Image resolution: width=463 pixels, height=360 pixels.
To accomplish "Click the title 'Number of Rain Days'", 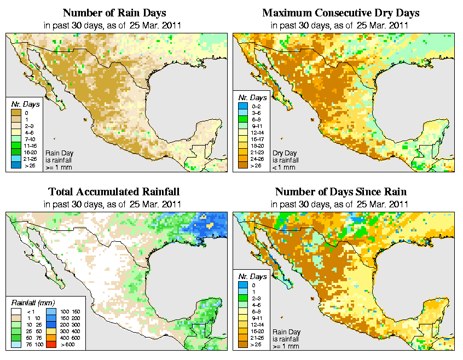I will point(114,13).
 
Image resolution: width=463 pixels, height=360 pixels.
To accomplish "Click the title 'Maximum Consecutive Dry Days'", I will point(340,13).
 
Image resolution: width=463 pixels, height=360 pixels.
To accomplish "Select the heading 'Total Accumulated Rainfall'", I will point(114,192).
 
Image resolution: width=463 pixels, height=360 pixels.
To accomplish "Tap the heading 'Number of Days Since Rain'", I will point(340,192).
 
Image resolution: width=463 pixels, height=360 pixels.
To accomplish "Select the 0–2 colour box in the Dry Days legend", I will point(243,113).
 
